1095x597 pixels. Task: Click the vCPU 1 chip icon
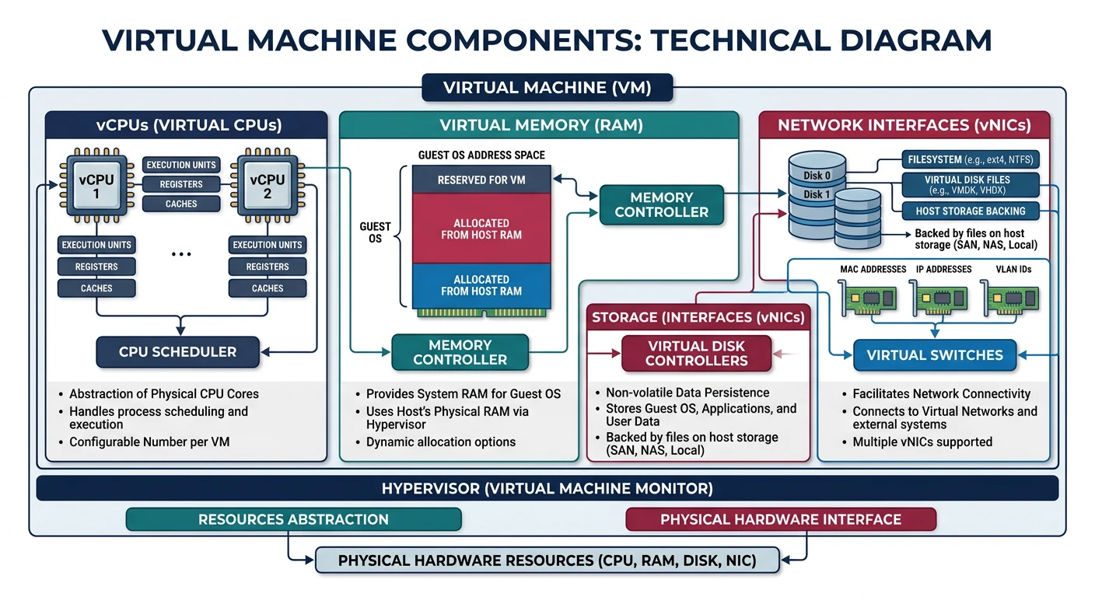pyautogui.click(x=96, y=187)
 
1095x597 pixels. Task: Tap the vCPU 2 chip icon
pyautogui.click(x=267, y=187)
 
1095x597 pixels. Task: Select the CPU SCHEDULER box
pyautogui.click(x=177, y=351)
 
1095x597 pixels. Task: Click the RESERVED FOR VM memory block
pyautogui.click(x=481, y=180)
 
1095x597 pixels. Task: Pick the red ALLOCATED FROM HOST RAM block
pyautogui.click(x=481, y=229)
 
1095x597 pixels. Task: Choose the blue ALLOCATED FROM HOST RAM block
pyautogui.click(x=481, y=285)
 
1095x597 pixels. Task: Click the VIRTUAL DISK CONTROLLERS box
pyautogui.click(x=696, y=354)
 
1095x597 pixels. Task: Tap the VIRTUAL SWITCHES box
pyautogui.click(x=934, y=355)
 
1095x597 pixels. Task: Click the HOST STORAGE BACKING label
pyautogui.click(x=970, y=211)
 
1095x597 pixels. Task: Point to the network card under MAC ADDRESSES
pyautogui.click(x=868, y=298)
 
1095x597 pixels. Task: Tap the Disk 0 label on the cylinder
pyautogui.click(x=817, y=176)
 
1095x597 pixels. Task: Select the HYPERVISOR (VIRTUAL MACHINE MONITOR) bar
pyautogui.click(x=547, y=489)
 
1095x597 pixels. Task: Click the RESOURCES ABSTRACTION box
pyautogui.click(x=293, y=519)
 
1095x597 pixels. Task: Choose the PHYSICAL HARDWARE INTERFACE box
pyautogui.click(x=780, y=519)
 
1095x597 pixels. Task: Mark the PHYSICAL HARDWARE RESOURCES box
pyautogui.click(x=547, y=560)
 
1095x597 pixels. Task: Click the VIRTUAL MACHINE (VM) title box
pyautogui.click(x=547, y=88)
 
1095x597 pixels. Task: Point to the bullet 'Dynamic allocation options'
pyautogui.click(x=440, y=442)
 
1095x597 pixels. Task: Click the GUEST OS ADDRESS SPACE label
pyautogui.click(x=481, y=155)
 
